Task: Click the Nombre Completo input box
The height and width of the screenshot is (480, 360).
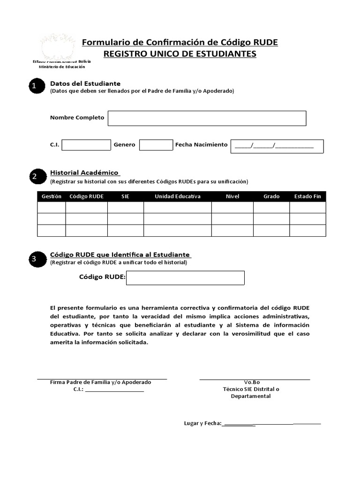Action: tap(207, 118)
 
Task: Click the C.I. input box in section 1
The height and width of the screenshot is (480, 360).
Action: tap(86, 145)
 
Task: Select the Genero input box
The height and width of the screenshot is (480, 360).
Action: tap(156, 145)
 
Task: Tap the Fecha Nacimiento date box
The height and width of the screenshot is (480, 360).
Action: tap(277, 146)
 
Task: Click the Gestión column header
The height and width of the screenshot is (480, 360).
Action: tap(52, 196)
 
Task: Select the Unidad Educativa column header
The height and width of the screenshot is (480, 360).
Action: tap(178, 196)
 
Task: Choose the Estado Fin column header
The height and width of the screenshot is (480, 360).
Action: tap(307, 196)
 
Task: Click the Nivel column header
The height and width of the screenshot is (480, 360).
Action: tap(232, 196)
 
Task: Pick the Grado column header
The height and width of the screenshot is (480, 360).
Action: tap(271, 196)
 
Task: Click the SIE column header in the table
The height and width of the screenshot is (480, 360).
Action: tap(125, 196)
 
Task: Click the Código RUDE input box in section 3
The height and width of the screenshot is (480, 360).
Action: tap(185, 277)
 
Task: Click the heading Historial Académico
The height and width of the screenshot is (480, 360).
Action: tap(84, 172)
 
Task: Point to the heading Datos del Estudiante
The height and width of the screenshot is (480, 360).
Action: tap(85, 83)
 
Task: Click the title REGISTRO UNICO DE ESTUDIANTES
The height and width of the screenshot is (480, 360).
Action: tap(180, 54)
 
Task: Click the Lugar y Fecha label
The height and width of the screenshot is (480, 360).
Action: tap(202, 423)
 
